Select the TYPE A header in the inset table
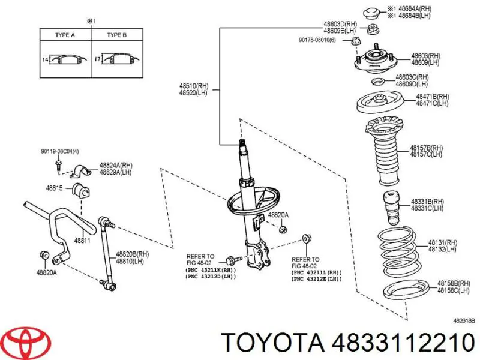65,35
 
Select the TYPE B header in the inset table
116,35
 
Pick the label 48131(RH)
441,243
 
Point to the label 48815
55,188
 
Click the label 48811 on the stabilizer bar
82,241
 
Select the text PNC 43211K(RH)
211,270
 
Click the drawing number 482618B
464,321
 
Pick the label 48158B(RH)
449,283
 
